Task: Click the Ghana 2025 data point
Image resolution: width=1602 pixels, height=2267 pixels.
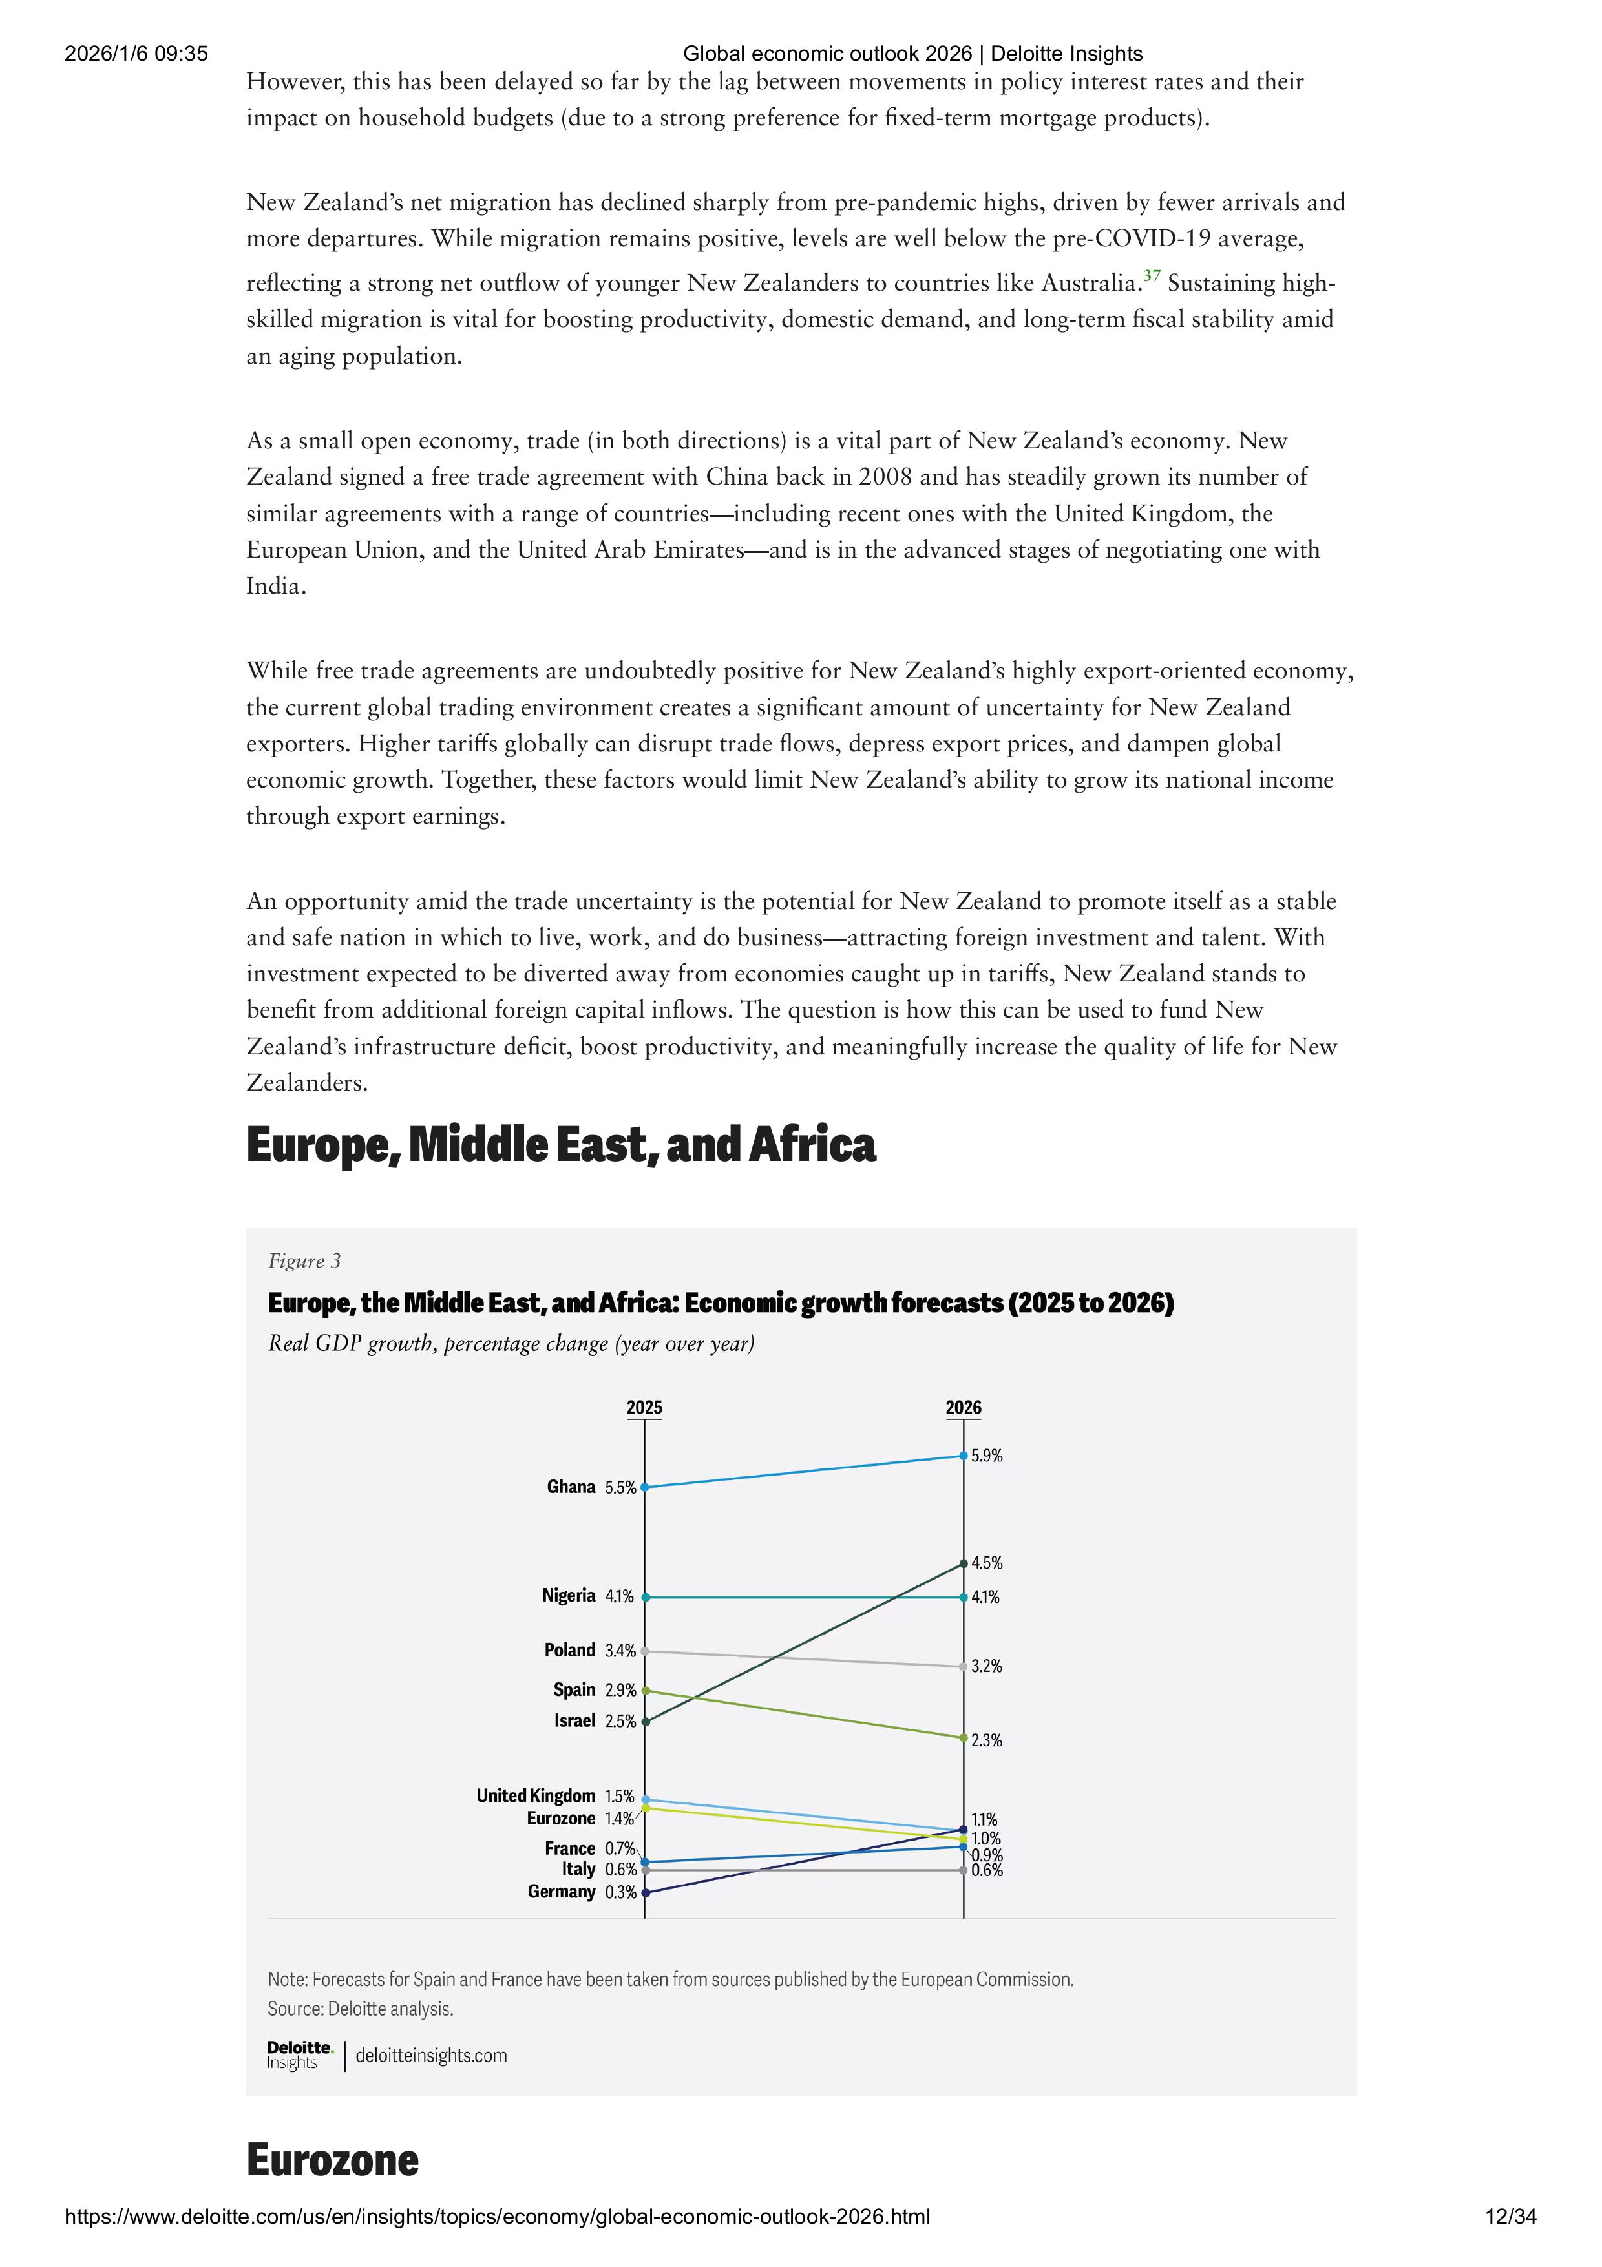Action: click(x=645, y=1487)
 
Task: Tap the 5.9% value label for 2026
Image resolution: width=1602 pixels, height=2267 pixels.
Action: click(x=987, y=1456)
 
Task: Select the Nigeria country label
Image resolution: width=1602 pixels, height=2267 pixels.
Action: click(x=568, y=1596)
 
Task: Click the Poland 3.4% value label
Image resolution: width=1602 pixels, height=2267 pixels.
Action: click(x=620, y=1651)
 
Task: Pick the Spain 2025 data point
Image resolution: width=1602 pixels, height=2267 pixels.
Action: click(x=645, y=1690)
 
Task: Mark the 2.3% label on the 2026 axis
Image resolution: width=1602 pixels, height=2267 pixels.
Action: click(x=987, y=1740)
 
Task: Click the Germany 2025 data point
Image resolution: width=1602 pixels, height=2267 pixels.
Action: click(x=645, y=1893)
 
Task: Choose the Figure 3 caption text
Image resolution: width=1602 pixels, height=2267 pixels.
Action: click(x=304, y=1261)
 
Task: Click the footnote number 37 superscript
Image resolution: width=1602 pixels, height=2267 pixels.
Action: click(x=1151, y=275)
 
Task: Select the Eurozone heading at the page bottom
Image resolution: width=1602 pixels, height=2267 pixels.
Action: click(x=332, y=2160)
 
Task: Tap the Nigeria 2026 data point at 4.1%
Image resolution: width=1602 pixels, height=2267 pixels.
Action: click(x=964, y=1596)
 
